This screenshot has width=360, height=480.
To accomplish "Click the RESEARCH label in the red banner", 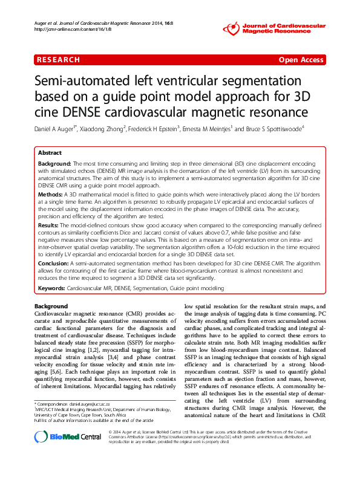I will coord(58,60).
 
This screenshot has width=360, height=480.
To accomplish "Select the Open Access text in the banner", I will coord(301,60).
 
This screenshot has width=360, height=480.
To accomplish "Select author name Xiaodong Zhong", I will coord(104,129).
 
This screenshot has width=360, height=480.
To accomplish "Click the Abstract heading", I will coord(50,154).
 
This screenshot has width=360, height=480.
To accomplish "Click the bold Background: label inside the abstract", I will coord(55,164).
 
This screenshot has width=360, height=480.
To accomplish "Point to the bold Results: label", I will coord(50,224).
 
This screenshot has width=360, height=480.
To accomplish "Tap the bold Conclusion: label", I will coord(54,264).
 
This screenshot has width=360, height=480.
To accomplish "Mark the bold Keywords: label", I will coord(52,289).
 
